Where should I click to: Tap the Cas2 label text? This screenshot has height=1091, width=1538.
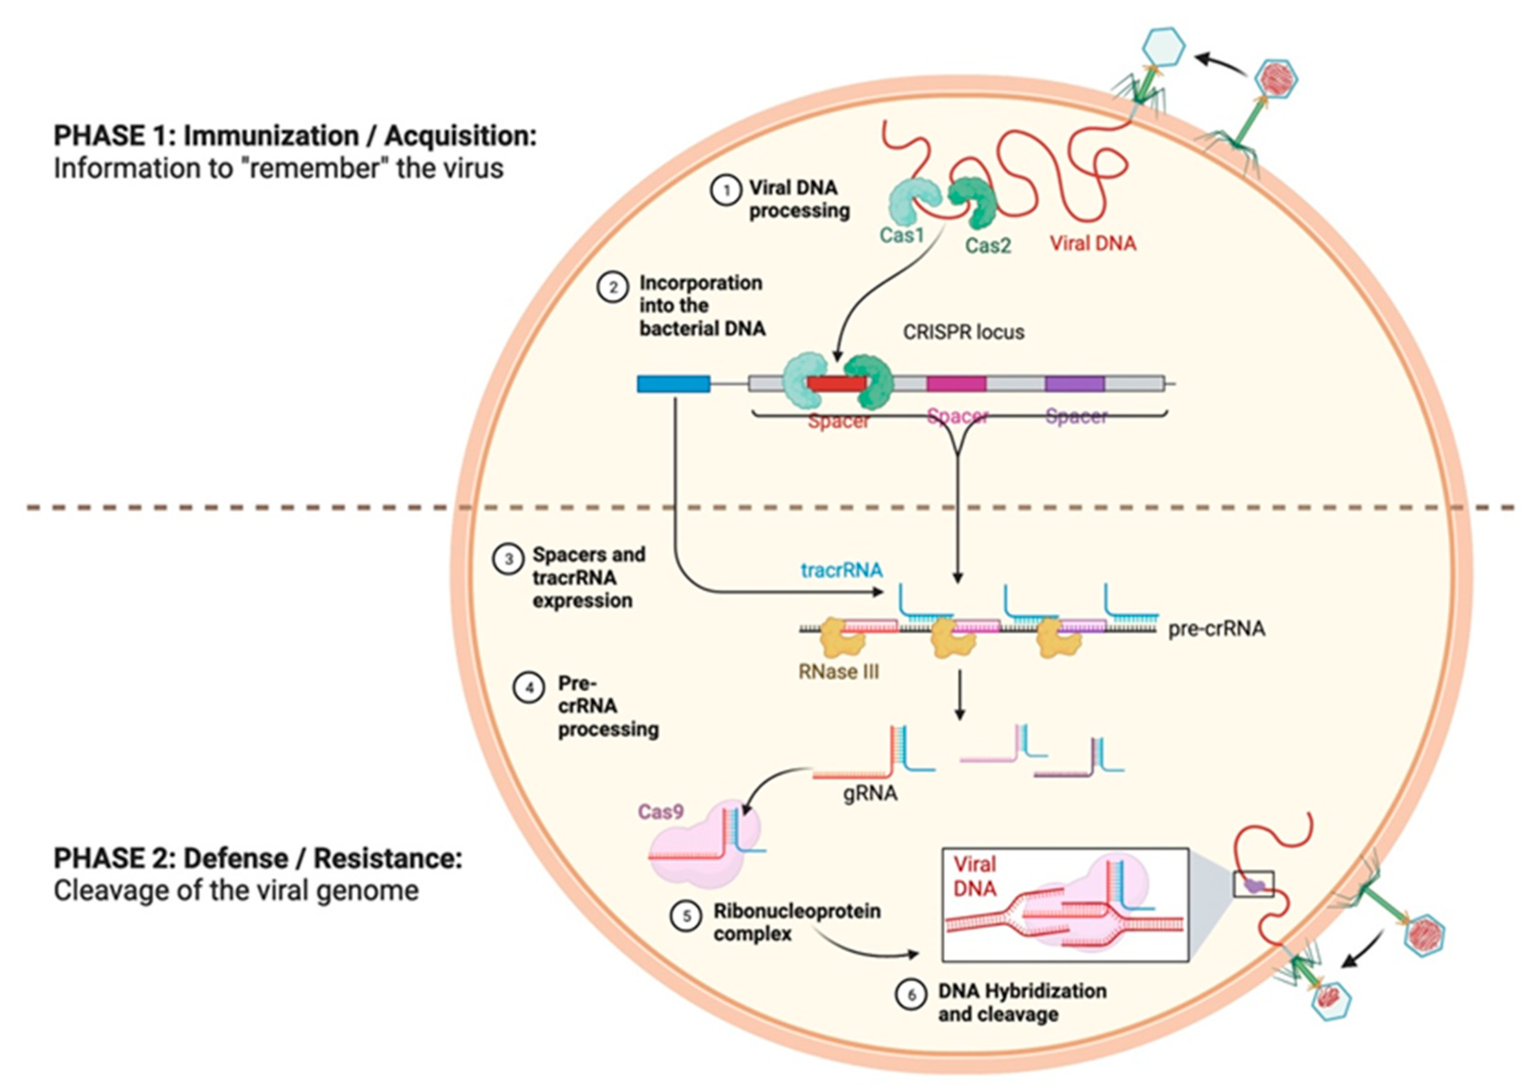tap(987, 246)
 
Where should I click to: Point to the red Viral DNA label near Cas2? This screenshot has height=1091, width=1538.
tap(1093, 243)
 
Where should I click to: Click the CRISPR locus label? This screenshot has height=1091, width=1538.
tap(963, 332)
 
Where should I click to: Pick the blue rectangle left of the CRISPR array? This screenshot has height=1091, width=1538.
tap(673, 384)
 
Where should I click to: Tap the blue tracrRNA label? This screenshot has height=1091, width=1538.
tap(841, 570)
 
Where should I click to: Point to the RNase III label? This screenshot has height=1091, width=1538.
tap(838, 672)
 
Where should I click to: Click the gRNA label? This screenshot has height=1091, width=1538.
tap(870, 793)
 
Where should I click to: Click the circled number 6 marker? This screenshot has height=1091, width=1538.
tap(912, 995)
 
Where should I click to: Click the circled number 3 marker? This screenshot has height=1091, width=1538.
tap(508, 560)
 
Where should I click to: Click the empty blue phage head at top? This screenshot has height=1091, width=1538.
tap(1164, 46)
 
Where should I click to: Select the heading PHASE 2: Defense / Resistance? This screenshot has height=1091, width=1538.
tap(258, 859)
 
